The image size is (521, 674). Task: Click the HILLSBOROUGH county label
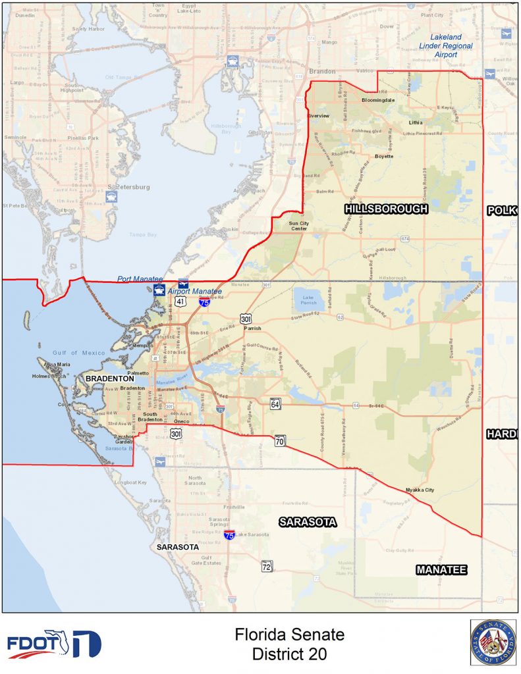[x=386, y=209]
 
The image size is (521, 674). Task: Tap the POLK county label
[x=503, y=211]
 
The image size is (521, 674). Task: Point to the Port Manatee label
[x=140, y=279]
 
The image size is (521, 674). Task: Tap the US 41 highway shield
[x=180, y=301]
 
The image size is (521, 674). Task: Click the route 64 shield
[x=275, y=403]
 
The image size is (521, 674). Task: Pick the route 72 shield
[x=267, y=566]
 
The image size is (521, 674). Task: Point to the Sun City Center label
[x=299, y=226]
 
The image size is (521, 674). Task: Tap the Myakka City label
[x=420, y=490]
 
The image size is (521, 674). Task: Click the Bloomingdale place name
[x=378, y=100]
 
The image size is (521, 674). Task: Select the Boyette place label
[x=384, y=156]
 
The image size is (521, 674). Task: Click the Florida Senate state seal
[x=493, y=642]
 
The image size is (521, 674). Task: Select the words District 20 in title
[x=289, y=654]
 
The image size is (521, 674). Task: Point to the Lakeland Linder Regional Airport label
[x=447, y=46]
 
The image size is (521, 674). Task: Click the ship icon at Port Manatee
[x=159, y=290]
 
